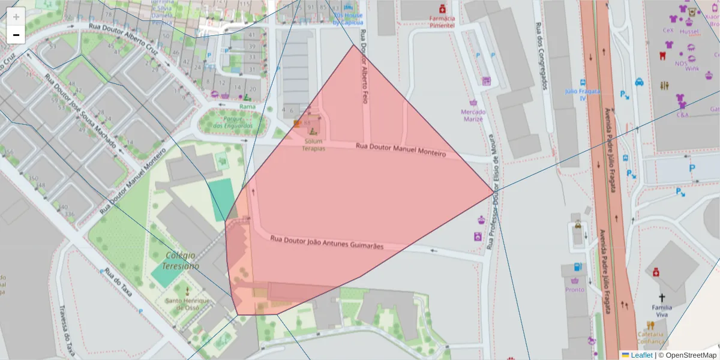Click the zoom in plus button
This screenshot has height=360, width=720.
click(16, 17)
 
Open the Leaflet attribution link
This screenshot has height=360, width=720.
click(641, 355)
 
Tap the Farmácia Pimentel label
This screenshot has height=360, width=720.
click(442, 22)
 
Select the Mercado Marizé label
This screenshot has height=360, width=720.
click(473, 115)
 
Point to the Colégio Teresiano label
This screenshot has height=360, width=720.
click(181, 260)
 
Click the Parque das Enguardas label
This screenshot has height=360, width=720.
click(233, 122)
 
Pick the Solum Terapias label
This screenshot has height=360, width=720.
click(313, 145)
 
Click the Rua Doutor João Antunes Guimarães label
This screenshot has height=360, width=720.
click(326, 242)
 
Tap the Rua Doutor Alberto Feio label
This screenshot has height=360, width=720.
click(363, 75)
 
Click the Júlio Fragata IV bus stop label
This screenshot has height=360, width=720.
click(583, 94)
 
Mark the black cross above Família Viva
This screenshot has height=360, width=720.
click(662, 298)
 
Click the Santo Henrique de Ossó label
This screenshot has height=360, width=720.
click(187, 304)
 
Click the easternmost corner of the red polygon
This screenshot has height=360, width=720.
click(494, 191)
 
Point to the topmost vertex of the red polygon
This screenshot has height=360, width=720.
click(354, 44)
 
